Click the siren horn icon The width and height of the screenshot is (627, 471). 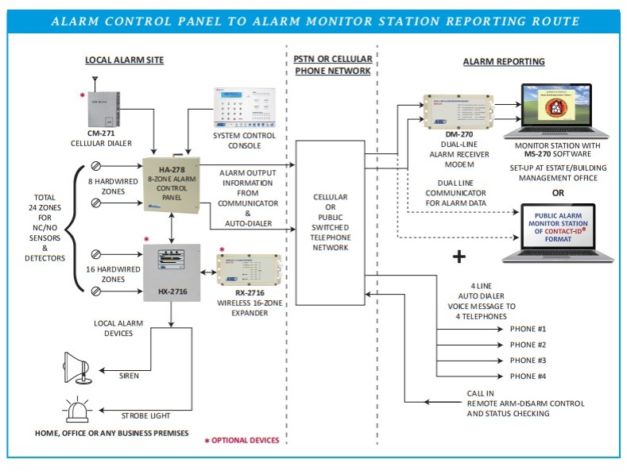pos(80,368)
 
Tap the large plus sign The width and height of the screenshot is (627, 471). pos(459,257)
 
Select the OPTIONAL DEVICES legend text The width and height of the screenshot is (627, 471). pos(246,440)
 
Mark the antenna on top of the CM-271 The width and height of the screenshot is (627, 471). pos(95,83)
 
